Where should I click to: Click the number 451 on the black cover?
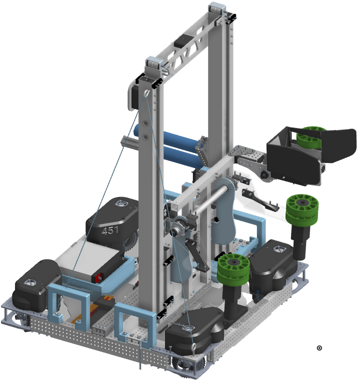tap(110, 230)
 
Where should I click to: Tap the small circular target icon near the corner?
tap(319, 348)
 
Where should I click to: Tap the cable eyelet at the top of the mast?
tap(146, 93)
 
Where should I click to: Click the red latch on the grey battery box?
tap(98, 277)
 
